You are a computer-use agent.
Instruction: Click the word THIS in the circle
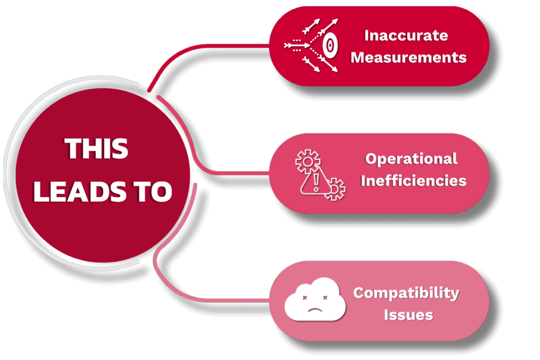pos(97,149)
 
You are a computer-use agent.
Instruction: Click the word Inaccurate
pos(406,36)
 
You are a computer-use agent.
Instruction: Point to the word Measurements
pos(408,57)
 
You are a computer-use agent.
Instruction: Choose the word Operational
pos(411,159)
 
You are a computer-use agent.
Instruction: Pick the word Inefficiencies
pos(413,181)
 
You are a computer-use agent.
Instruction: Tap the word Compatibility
pos(406,293)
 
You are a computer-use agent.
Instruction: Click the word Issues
pos(408,315)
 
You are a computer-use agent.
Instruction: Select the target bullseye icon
pos(330,46)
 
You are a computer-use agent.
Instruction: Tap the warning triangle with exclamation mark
pos(315,182)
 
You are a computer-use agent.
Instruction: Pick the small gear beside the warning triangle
pos(335,188)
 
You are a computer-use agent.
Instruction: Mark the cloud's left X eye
pos(304,298)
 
